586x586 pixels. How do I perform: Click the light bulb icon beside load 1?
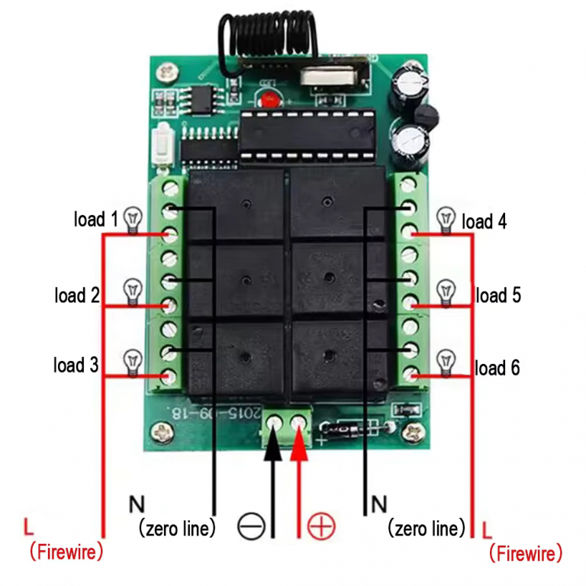point(134,219)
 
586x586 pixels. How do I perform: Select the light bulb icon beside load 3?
point(134,359)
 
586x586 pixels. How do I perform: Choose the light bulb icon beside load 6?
point(445,359)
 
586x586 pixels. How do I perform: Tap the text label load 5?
point(499,295)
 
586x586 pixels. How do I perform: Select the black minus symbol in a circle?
point(250,526)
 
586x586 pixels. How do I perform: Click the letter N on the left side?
point(136,504)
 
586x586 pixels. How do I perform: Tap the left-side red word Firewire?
point(66,552)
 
